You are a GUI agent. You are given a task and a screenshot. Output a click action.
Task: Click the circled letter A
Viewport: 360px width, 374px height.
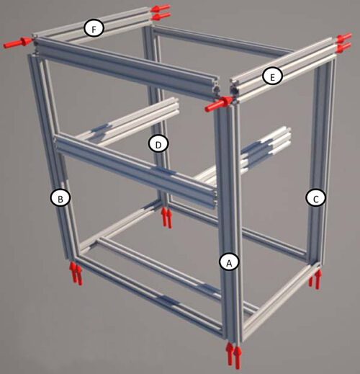click(x=229, y=263)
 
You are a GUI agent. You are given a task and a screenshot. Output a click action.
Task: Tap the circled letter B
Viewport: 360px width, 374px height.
click(x=60, y=198)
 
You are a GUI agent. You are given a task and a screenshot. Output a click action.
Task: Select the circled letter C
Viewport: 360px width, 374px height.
click(x=315, y=199)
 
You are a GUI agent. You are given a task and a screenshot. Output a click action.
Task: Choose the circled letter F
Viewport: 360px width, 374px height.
click(x=94, y=29)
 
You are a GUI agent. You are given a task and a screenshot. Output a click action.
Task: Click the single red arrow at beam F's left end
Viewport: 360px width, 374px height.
click(x=18, y=43)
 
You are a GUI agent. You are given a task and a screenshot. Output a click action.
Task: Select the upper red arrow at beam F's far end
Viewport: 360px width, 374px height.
click(x=161, y=8)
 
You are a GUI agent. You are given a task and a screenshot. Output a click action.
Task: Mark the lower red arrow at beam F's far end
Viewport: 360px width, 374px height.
click(x=161, y=16)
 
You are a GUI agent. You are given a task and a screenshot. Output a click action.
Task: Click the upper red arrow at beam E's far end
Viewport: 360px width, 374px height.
click(x=345, y=37)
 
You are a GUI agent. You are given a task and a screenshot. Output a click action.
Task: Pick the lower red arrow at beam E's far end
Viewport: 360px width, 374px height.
click(x=344, y=48)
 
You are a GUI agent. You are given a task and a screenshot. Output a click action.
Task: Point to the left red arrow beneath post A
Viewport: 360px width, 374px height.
click(x=230, y=354)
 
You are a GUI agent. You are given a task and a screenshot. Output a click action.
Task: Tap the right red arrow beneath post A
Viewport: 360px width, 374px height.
click(x=238, y=357)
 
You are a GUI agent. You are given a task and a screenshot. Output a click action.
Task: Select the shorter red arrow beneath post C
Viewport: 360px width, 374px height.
click(x=311, y=281)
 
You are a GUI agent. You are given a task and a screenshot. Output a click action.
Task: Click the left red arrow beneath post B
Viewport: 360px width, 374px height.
click(x=73, y=272)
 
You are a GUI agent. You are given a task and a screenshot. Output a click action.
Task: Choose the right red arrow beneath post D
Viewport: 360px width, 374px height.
click(x=169, y=218)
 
